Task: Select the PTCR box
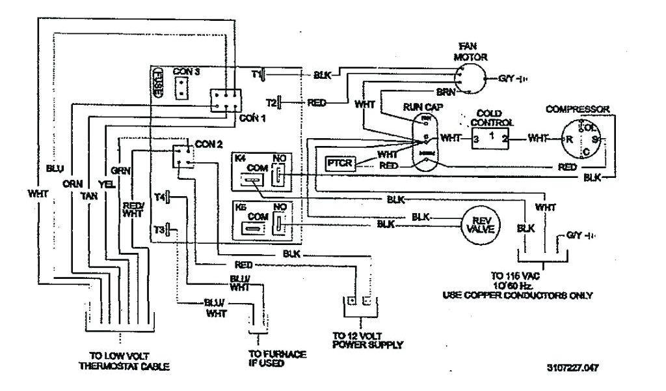[x=340, y=163]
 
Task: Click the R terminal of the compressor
[x=569, y=138]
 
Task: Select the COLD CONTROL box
[x=491, y=138]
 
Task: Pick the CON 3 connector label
[x=187, y=70]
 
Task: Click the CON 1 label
[x=253, y=118]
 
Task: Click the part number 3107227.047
[x=572, y=368]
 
